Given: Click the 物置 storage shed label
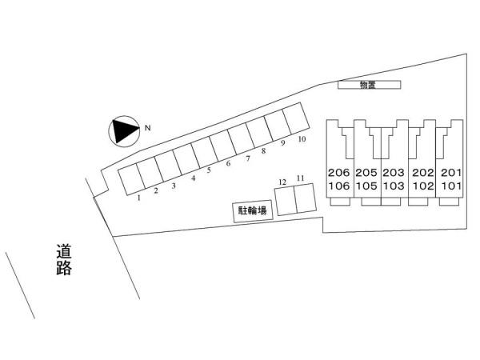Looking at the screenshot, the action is point(367,85).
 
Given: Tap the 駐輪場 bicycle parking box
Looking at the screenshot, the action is point(253,211).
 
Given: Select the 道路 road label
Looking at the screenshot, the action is point(64,259).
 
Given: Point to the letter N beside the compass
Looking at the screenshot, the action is point(147,128).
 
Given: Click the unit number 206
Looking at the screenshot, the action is point(338,173).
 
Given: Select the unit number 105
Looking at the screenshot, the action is point(366,186).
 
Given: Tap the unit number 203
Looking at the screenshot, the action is point(394,173).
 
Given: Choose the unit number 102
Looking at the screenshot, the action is point(422,186).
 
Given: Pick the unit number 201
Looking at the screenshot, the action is point(451,173).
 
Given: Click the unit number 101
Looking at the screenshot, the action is point(451,186).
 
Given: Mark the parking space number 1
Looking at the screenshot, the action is point(139,198).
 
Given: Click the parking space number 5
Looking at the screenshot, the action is point(209,170).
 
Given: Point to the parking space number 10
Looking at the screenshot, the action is point(302,139).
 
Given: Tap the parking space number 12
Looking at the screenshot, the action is point(282,182).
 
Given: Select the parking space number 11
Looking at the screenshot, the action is point(301,178).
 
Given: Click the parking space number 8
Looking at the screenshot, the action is point(263,151).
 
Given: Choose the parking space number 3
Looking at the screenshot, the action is point(174,186).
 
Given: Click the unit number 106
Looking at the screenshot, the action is point(338,186).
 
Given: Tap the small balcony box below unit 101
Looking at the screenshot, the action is point(449,202).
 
